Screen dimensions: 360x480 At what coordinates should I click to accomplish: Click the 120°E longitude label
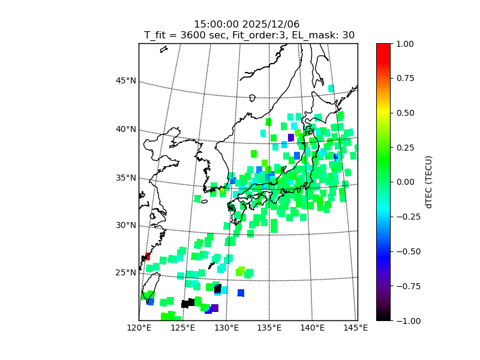139,328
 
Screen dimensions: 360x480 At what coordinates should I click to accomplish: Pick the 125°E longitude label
182,328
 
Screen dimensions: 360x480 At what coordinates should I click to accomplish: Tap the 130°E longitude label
226,328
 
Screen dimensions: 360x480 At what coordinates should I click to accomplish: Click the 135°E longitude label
269,328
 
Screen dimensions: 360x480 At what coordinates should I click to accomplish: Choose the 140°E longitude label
313,328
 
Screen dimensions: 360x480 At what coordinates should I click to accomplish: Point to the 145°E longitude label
356,328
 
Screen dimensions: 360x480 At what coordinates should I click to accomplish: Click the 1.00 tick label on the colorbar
404,43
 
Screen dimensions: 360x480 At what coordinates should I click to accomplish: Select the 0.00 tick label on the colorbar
404,182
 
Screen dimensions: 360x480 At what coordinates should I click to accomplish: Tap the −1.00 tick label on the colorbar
403,320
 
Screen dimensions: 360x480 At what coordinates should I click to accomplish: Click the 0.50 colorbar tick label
404,112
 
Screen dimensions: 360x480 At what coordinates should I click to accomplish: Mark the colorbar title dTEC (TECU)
429,182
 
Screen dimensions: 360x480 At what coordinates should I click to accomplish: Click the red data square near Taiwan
147,257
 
